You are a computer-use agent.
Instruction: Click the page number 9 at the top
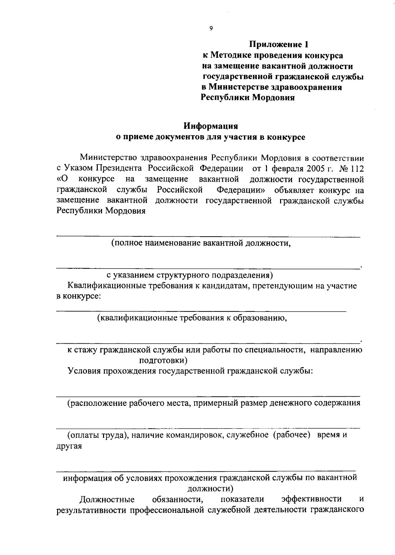(x=211, y=28)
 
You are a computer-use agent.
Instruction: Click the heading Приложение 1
(x=279, y=44)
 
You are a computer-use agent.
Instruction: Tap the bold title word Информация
(x=211, y=126)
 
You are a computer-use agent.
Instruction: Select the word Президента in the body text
(x=119, y=168)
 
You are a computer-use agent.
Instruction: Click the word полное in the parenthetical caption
(x=126, y=243)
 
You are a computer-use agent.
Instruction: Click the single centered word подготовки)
(x=164, y=360)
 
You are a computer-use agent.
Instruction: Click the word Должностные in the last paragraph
(x=107, y=499)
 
